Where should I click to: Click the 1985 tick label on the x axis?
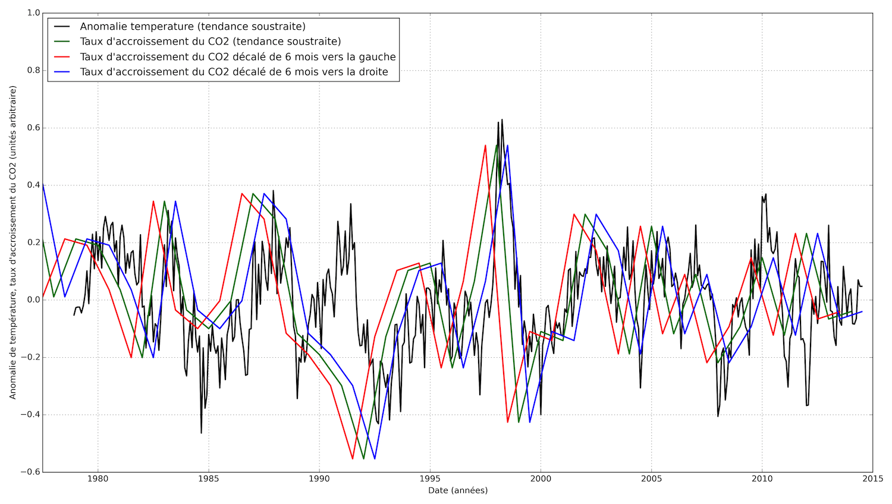tap(208, 478)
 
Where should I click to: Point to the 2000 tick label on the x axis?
tap(541, 478)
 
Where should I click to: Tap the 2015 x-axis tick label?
tap(872, 478)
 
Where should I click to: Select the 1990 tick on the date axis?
tap(319, 478)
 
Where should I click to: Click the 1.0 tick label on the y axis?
tap(33, 13)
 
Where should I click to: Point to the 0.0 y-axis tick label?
tap(33, 300)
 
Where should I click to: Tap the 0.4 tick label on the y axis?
tap(33, 185)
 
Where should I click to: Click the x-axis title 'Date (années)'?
tap(458, 491)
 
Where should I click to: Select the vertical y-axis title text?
tap(12, 242)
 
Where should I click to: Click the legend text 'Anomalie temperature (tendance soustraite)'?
tap(193, 27)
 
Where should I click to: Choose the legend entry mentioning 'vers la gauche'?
tap(238, 57)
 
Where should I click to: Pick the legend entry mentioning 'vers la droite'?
tap(234, 72)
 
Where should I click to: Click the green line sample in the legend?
tap(62, 42)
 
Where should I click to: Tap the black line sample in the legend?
tap(62, 27)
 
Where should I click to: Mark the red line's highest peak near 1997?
tap(485, 145)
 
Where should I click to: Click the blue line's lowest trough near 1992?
tap(375, 458)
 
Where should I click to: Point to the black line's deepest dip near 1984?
tap(201, 433)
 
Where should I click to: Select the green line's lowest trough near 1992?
tap(363, 458)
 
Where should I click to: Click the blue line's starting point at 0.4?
tap(43, 184)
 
